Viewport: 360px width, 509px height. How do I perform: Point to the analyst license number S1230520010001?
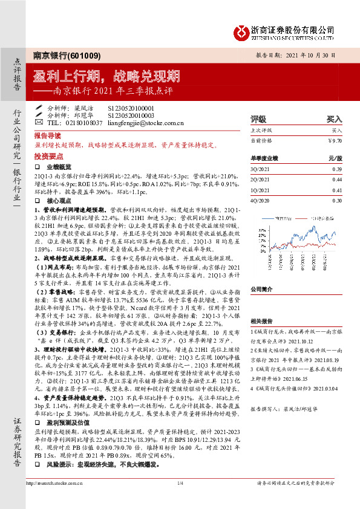pyautogui.click(x=131, y=108)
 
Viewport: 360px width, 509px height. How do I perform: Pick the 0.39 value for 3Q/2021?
pyautogui.click(x=336, y=169)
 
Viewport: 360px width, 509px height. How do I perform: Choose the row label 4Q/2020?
pyautogui.click(x=260, y=200)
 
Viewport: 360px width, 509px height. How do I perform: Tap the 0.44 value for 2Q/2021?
pyautogui.click(x=336, y=180)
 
